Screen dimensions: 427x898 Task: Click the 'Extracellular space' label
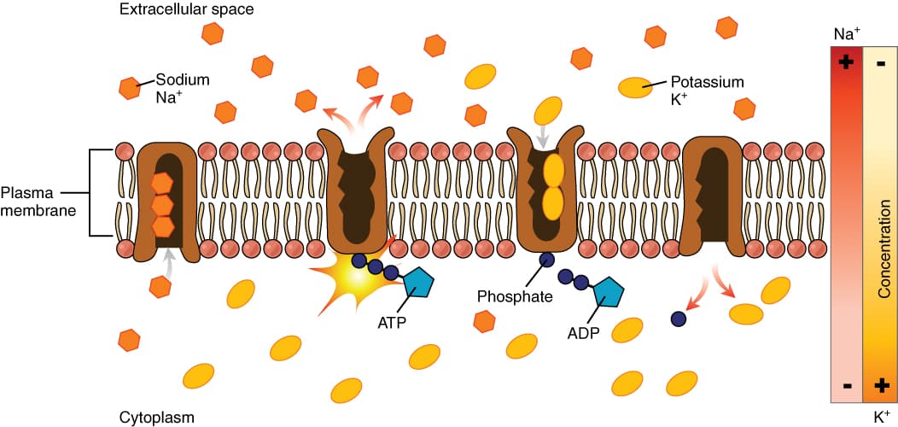point(175,10)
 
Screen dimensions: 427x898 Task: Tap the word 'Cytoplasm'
point(157,418)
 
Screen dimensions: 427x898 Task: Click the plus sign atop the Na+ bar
point(847,62)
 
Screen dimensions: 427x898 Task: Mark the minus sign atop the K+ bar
point(881,62)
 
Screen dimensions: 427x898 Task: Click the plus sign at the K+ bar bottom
point(881,386)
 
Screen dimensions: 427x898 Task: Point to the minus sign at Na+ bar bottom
point(847,386)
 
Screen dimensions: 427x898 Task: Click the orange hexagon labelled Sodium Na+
point(130,87)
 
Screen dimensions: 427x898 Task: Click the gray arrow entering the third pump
point(544,135)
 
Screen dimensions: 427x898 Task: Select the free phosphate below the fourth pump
point(679,319)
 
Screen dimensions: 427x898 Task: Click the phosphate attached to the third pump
point(546,260)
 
